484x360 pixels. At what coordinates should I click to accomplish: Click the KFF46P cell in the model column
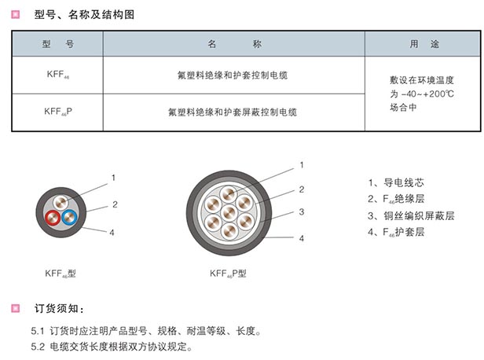coord(58,112)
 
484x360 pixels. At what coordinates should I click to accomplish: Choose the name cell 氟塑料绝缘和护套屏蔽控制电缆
coord(232,112)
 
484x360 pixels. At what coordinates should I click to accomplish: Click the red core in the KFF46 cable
coord(53,218)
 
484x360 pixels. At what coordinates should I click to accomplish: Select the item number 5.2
coord(38,346)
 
